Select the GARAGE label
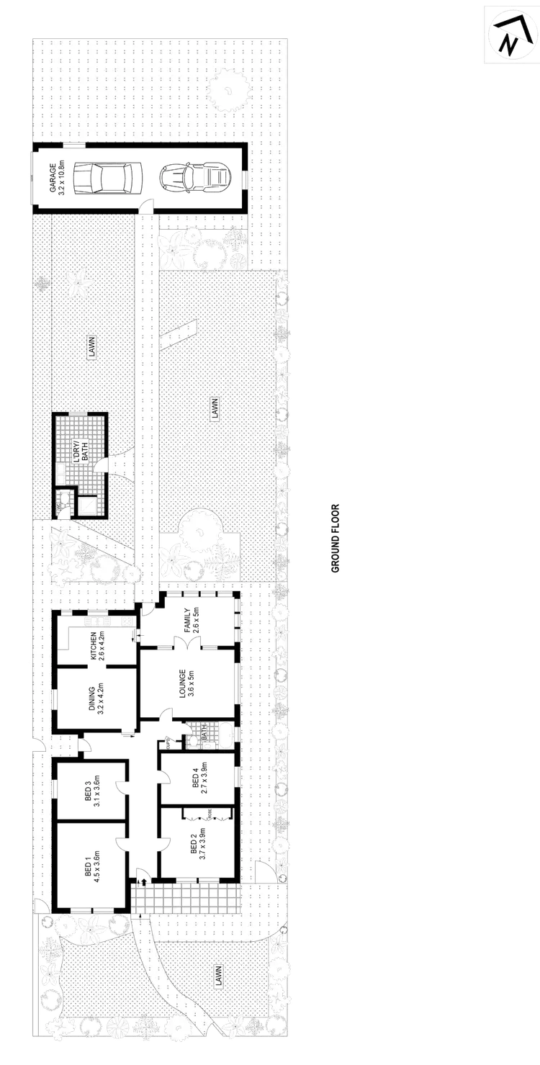tap(53, 178)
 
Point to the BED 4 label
tap(199, 778)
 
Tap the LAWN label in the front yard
tap(217, 976)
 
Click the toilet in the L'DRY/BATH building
tap(66, 501)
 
